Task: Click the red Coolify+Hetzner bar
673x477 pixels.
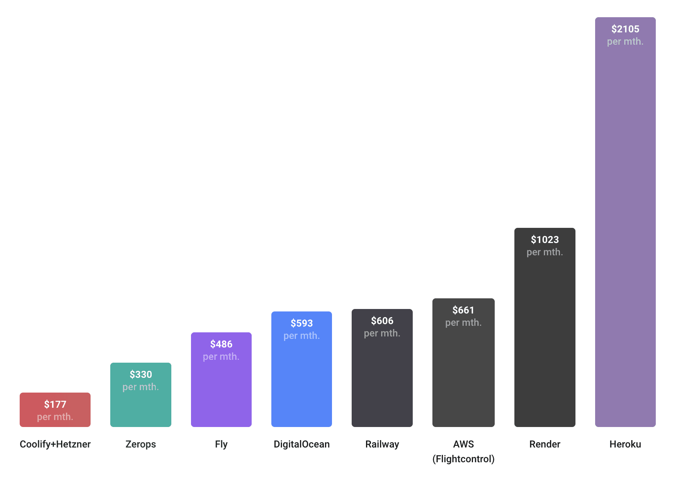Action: [x=55, y=410]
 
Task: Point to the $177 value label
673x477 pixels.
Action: [x=55, y=404]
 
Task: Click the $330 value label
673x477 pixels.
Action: [x=141, y=374]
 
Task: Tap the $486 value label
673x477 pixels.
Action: [x=221, y=344]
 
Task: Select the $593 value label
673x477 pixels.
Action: [x=301, y=323]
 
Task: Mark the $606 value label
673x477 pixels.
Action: [x=382, y=320]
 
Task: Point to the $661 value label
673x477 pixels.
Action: [x=463, y=310]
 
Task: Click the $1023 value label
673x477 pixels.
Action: [x=545, y=239]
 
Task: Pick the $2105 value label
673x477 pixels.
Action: [x=625, y=29]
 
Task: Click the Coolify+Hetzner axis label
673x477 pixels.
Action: [x=55, y=444]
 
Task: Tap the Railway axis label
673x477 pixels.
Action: [x=382, y=444]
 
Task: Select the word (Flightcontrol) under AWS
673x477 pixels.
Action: [x=463, y=459]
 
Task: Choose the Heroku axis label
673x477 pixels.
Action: [x=625, y=444]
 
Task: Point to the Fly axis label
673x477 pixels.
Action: [x=221, y=444]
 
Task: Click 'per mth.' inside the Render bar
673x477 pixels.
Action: [x=545, y=252]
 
